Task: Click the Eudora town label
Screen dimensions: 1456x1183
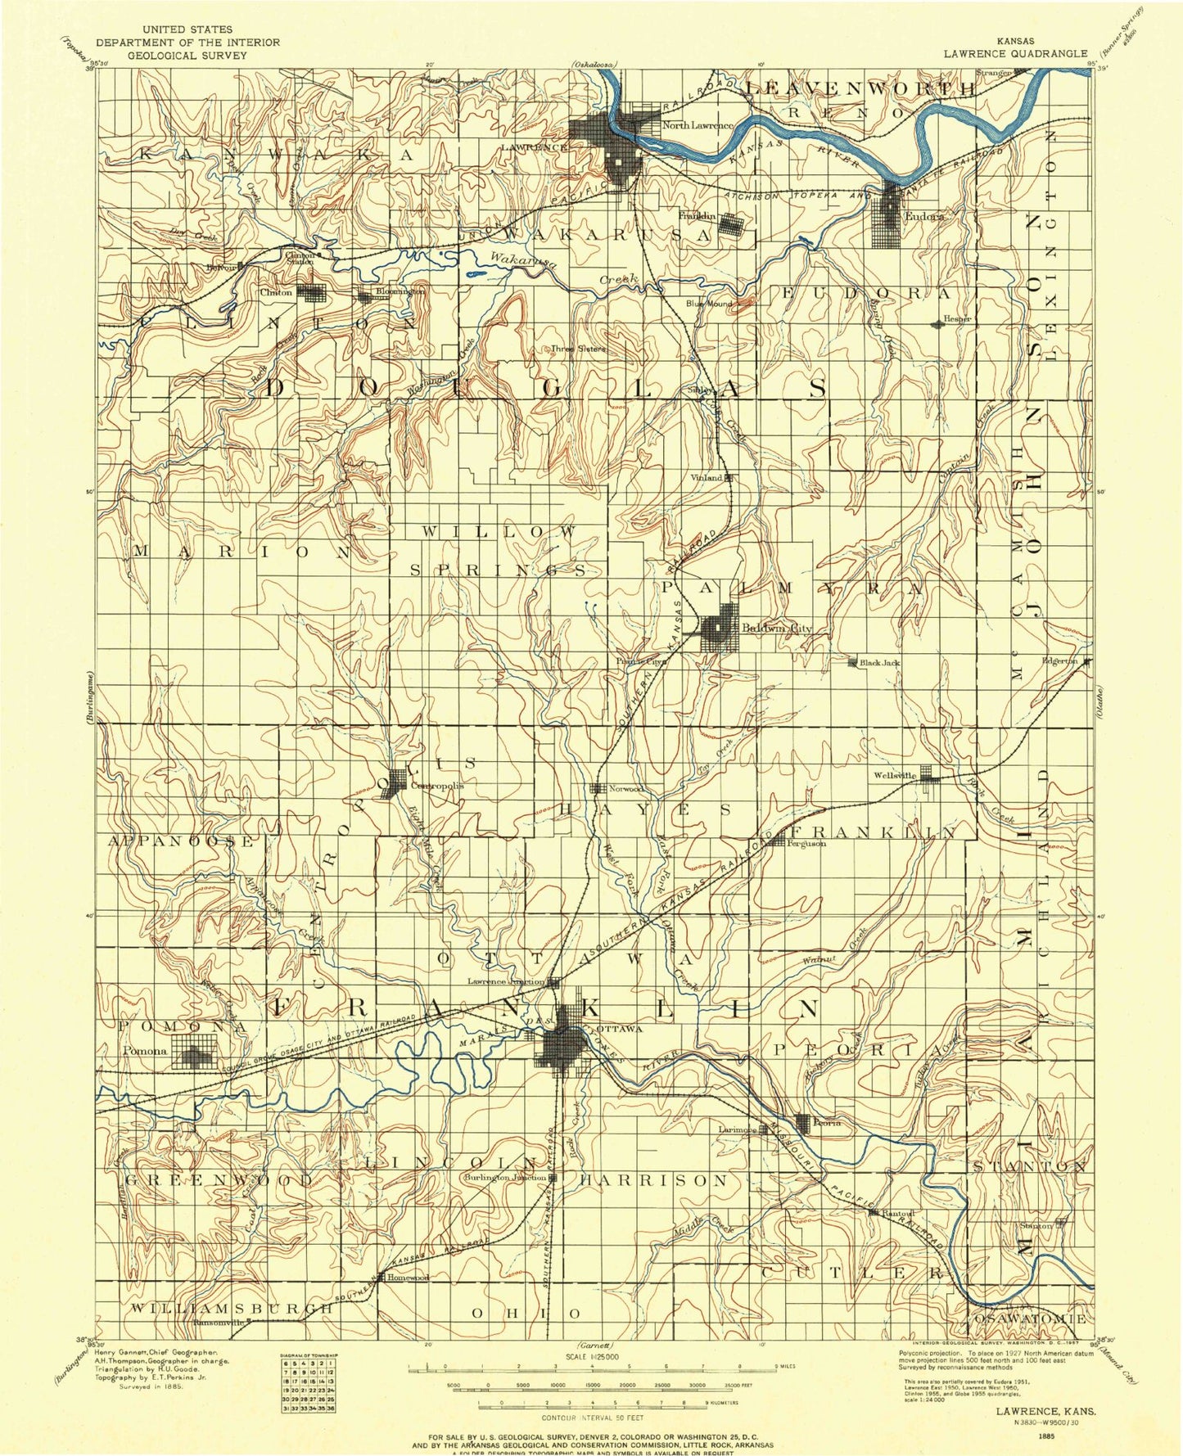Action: (x=924, y=217)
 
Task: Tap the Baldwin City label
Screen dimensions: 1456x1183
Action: (x=776, y=629)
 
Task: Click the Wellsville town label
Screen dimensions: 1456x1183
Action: (x=895, y=775)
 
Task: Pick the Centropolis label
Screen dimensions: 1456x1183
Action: (x=436, y=785)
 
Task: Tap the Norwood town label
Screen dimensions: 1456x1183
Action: (x=627, y=789)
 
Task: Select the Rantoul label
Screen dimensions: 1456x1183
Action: (x=897, y=1214)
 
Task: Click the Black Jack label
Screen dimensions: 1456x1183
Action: (x=880, y=662)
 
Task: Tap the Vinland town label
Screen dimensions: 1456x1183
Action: (x=707, y=477)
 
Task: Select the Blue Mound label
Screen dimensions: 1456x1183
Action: (x=709, y=304)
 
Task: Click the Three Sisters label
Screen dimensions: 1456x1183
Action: (x=578, y=349)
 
